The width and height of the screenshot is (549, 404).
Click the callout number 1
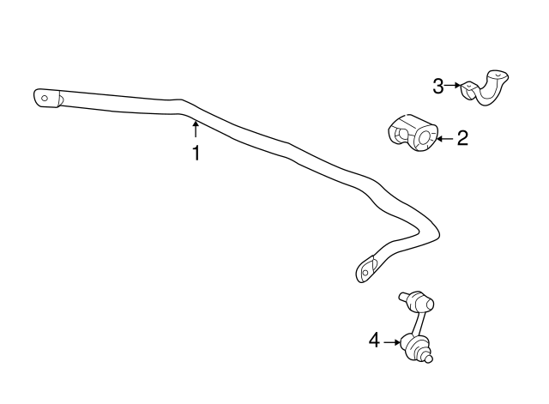(196, 153)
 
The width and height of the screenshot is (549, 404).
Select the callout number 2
(462, 138)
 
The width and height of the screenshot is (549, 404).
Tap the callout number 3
(438, 86)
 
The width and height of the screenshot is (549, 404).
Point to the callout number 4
(374, 340)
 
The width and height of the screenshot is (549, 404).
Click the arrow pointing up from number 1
(196, 128)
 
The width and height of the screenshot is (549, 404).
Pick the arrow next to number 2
(445, 139)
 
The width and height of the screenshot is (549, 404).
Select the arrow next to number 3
(453, 85)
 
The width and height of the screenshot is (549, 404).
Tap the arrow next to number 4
(392, 342)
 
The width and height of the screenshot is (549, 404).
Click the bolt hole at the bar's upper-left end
(45, 98)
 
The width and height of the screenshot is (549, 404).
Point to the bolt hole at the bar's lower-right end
(365, 272)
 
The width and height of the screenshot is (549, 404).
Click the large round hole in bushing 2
(423, 137)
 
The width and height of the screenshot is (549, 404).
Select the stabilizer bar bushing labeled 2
(413, 133)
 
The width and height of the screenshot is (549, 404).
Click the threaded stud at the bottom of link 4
(428, 358)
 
